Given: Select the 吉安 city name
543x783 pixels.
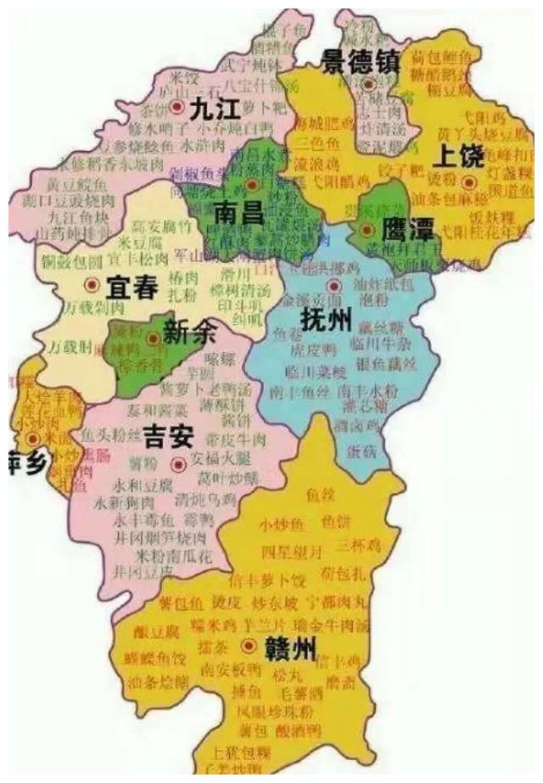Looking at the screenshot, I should coord(169,437).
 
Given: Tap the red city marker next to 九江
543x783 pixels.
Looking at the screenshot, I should coord(176,108).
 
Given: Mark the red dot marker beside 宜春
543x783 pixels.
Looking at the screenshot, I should coord(92,284).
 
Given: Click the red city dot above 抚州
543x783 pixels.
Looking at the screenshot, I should coord(334,287).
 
